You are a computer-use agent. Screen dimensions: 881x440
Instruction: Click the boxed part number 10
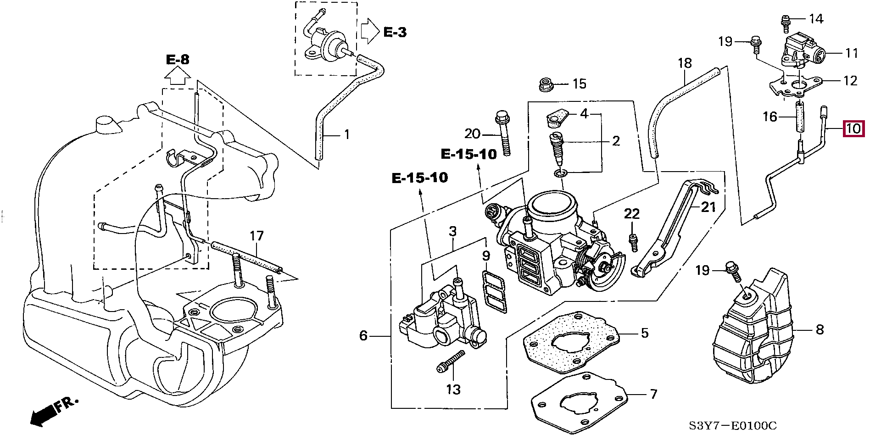point(853,128)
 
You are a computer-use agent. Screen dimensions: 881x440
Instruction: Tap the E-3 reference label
point(395,32)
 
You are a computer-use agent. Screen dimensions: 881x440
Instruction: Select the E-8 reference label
point(178,59)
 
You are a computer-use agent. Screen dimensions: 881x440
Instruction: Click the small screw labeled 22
point(633,242)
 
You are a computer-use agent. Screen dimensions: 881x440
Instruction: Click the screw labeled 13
point(450,362)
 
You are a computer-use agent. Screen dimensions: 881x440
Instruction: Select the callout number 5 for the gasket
point(645,333)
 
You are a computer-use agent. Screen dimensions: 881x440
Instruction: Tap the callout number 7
point(653,394)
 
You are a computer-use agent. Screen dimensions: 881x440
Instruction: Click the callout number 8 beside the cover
point(820,329)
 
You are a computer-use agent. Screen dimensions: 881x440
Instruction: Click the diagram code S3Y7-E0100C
point(733,426)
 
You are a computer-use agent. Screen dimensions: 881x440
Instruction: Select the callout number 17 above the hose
point(256,236)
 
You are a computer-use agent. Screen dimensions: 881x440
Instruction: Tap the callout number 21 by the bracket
point(708,207)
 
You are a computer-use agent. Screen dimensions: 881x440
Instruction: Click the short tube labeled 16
point(799,117)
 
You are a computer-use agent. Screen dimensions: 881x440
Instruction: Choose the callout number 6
point(363,336)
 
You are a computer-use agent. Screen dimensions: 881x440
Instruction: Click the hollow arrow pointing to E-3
point(369,31)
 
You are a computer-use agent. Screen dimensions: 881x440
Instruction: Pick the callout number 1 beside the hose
point(347,134)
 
